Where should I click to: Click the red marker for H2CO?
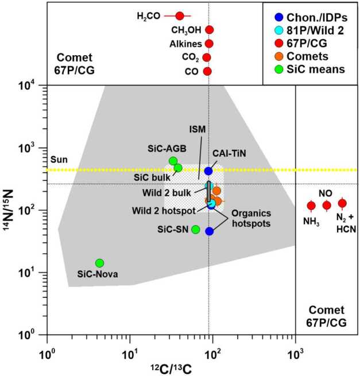[x=179, y=16]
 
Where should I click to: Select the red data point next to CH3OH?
[x=209, y=30]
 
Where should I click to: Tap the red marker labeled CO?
[x=207, y=71]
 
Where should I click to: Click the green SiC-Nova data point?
[x=99, y=263]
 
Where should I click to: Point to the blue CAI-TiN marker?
[x=208, y=170]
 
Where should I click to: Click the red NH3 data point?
[x=312, y=206]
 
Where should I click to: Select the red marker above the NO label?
[x=327, y=206]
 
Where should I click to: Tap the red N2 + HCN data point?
[x=342, y=203]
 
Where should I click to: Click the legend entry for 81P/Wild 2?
[x=311, y=30]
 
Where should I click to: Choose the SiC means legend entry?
[x=311, y=69]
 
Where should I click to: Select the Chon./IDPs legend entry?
[x=311, y=17]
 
